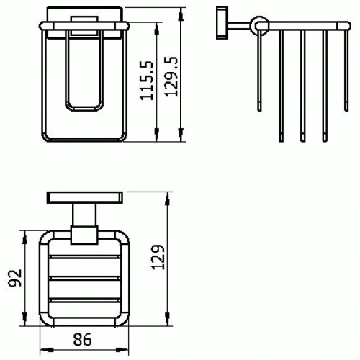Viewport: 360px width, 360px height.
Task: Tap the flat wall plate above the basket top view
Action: point(84,197)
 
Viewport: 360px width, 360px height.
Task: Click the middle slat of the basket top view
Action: point(84,278)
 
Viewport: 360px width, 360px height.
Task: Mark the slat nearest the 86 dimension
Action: point(84,299)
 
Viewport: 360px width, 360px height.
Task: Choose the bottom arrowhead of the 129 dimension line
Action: point(167,323)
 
